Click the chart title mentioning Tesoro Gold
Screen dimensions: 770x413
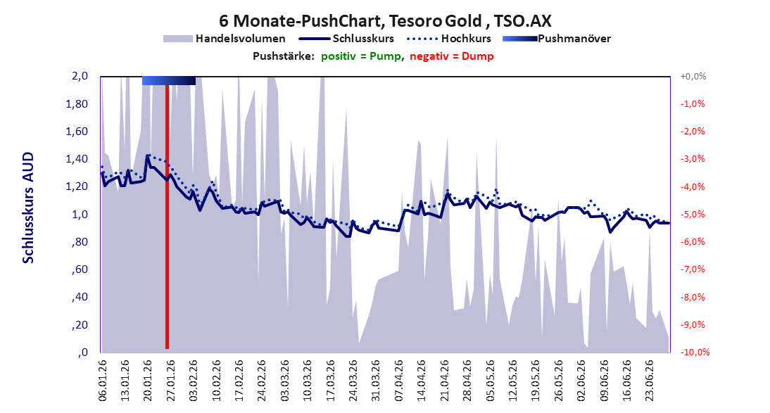(x=385, y=20)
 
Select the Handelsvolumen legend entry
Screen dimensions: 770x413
(x=225, y=39)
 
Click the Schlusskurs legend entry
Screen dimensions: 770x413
(x=346, y=39)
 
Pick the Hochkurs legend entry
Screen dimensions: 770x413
(x=449, y=39)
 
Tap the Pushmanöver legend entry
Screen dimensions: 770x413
(x=557, y=39)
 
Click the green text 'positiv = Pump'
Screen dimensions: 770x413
(x=361, y=56)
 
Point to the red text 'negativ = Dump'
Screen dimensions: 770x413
(x=452, y=56)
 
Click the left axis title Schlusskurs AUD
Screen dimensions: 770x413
(x=28, y=208)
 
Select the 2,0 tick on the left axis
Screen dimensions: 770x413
(x=80, y=76)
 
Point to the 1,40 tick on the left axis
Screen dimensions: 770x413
(x=77, y=159)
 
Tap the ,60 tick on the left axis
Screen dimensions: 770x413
(x=80, y=269)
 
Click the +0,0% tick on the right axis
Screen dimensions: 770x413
(x=693, y=77)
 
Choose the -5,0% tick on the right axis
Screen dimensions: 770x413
(x=693, y=215)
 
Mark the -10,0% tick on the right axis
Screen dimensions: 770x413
(x=695, y=352)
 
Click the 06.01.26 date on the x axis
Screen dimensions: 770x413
(x=102, y=381)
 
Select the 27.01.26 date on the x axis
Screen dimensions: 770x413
(x=171, y=381)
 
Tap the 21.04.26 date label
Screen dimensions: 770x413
(x=445, y=381)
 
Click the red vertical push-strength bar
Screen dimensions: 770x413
(x=167, y=217)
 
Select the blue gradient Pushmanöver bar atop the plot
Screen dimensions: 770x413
(x=169, y=80)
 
